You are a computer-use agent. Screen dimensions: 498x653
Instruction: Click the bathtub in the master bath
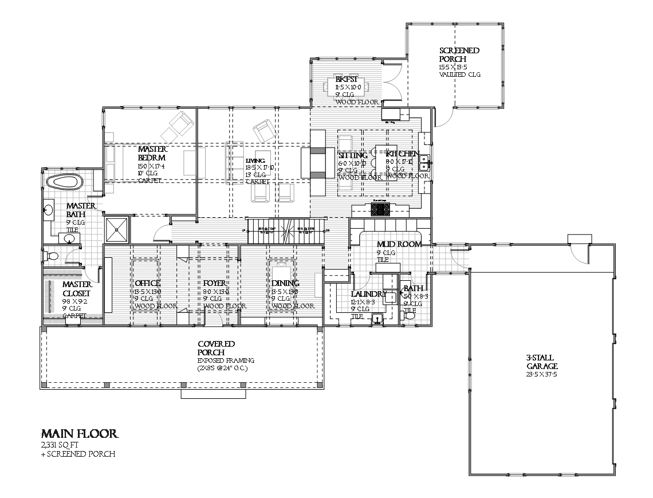pos(65,182)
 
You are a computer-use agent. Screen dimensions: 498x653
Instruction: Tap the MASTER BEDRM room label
pos(152,153)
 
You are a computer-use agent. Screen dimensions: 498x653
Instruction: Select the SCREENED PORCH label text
pos(459,54)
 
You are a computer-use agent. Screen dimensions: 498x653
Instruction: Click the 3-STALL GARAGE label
pos(542,362)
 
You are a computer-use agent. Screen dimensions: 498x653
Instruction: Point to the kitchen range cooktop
pos(380,209)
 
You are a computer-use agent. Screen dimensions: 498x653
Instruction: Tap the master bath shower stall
pos(117,229)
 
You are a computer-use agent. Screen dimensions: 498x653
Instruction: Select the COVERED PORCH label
pos(216,348)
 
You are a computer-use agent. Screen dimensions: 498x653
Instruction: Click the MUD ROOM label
pos(399,244)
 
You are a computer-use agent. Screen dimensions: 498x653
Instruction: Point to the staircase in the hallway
pos(284,231)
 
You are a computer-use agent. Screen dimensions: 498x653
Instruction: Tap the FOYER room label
pos(215,284)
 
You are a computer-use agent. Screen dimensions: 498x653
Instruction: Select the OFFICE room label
pos(147,284)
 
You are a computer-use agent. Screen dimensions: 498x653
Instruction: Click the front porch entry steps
pos(214,394)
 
